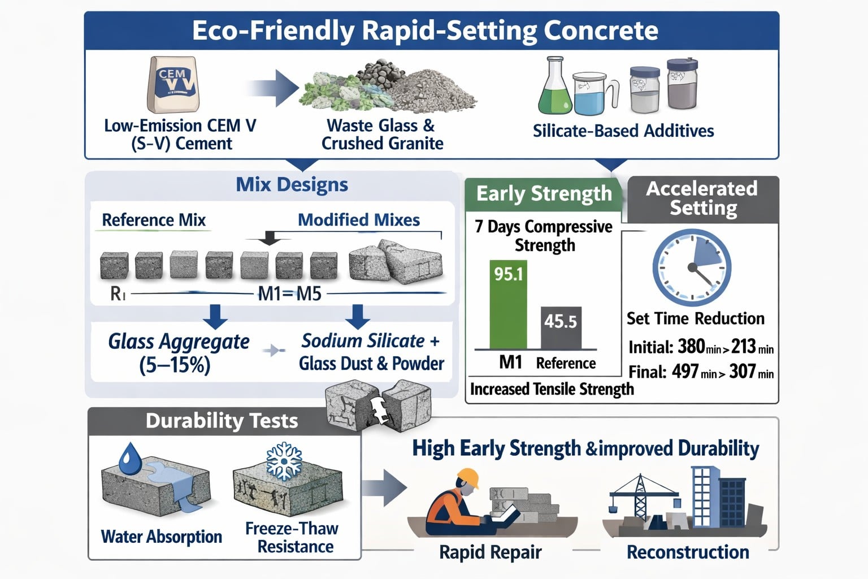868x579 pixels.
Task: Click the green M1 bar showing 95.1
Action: pyautogui.click(x=508, y=305)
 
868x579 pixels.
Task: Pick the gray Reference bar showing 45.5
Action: pyautogui.click(x=560, y=328)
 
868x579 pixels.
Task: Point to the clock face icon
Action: pyautogui.click(x=692, y=267)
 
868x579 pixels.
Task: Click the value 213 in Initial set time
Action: pyautogui.click(x=743, y=347)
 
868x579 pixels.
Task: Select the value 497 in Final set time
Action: pyautogui.click(x=685, y=372)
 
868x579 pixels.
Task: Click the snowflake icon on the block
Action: pyautogui.click(x=284, y=461)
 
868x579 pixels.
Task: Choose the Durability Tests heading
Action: pyautogui.click(x=222, y=421)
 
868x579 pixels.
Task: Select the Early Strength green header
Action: pyautogui.click(x=544, y=193)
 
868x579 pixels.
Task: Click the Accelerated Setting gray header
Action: pyautogui.click(x=702, y=198)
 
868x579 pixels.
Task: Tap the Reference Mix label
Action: pyautogui.click(x=154, y=220)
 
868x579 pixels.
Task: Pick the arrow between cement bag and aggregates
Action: pyautogui.click(x=274, y=88)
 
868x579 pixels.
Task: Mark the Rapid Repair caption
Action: pyautogui.click(x=490, y=552)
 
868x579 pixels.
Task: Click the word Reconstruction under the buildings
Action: pyautogui.click(x=688, y=552)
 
